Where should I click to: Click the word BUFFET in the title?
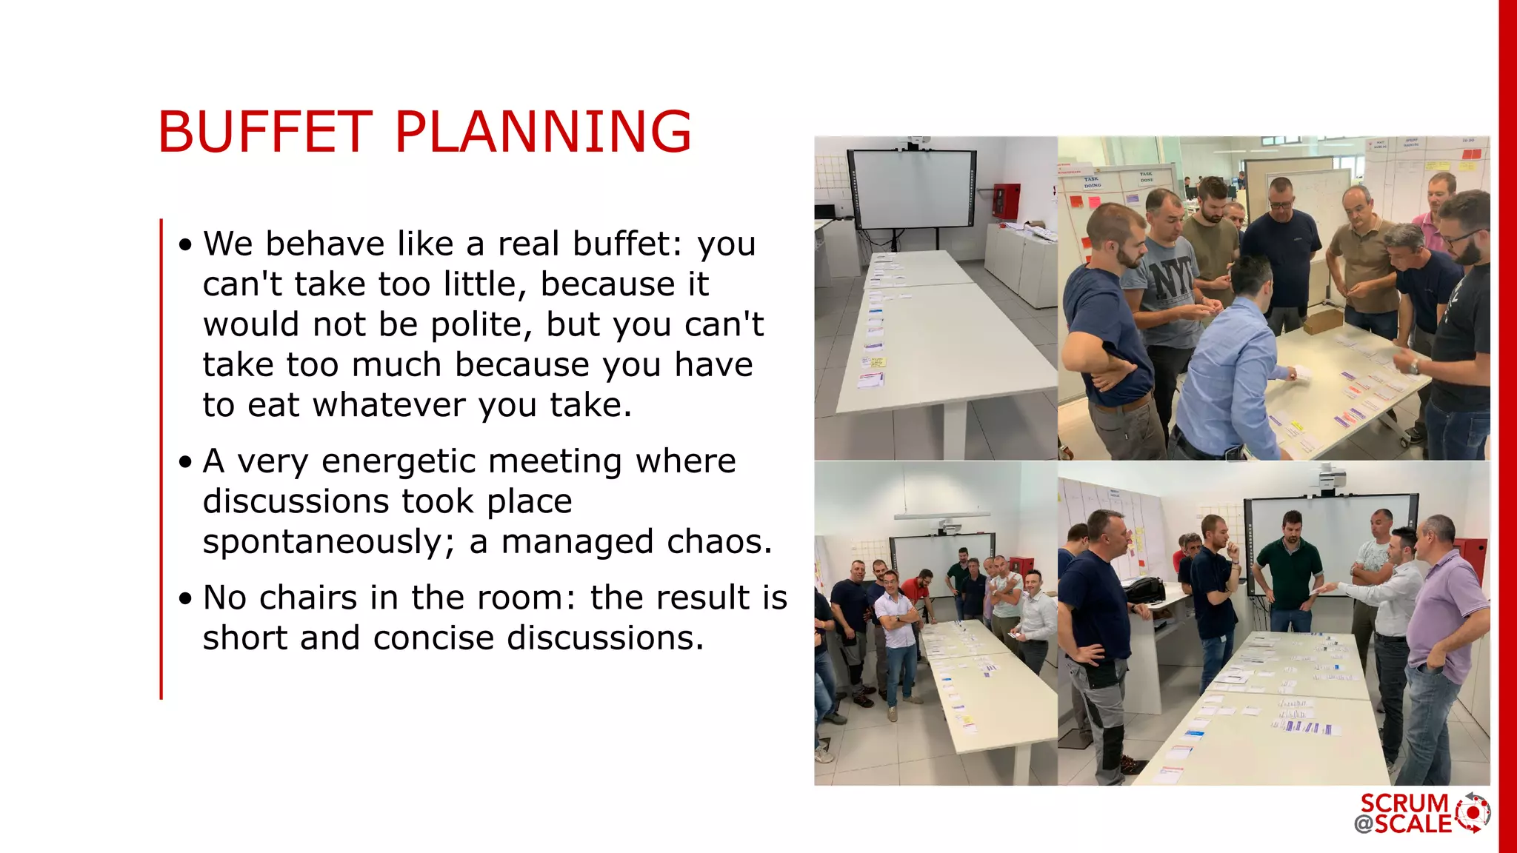(x=264, y=132)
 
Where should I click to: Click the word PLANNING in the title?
(x=542, y=132)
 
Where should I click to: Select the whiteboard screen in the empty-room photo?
(x=913, y=188)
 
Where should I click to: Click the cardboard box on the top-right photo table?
(x=1321, y=321)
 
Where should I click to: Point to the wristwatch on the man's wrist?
(x=1413, y=366)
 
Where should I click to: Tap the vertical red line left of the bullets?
(x=161, y=459)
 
